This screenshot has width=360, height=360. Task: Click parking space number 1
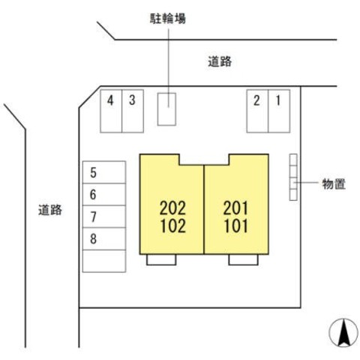(x=279, y=111)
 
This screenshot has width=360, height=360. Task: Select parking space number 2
(x=257, y=111)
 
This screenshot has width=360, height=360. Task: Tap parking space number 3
(x=133, y=111)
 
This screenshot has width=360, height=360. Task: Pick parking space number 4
(x=111, y=111)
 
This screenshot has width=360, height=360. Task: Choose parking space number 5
(x=104, y=172)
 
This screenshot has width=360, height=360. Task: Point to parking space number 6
(x=104, y=194)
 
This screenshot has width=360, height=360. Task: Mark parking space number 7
(x=104, y=217)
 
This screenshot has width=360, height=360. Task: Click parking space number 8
(x=104, y=238)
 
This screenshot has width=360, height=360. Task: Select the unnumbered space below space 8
(x=104, y=261)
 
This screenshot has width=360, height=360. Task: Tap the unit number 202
(x=172, y=208)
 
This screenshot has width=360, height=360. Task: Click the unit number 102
(x=173, y=226)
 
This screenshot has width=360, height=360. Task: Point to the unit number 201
(x=235, y=208)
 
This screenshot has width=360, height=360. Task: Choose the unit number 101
(x=236, y=226)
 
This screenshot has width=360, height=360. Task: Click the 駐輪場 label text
(x=168, y=19)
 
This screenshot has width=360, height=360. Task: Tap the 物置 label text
(x=334, y=184)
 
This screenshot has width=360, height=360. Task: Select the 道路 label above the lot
(x=220, y=61)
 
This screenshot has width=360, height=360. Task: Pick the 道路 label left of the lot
(x=50, y=210)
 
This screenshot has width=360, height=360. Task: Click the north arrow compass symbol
(x=343, y=333)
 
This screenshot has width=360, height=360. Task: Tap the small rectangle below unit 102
(x=161, y=259)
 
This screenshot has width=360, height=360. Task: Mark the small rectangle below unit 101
(x=243, y=259)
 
